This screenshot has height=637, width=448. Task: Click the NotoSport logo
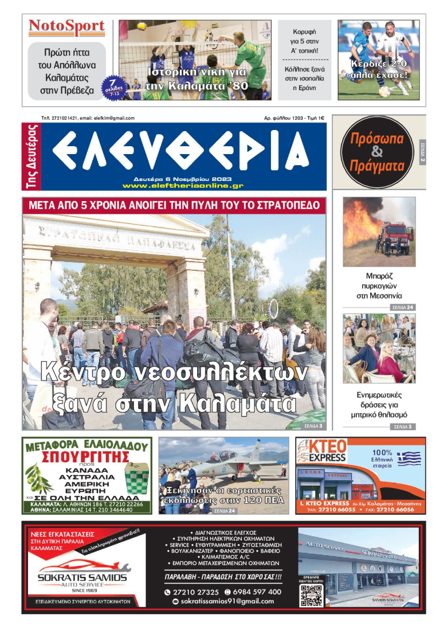coord(67,26)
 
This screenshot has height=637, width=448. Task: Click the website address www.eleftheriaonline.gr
coord(183,185)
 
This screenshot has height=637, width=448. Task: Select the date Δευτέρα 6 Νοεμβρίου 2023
coord(183,179)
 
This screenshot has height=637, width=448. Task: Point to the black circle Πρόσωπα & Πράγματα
coord(377,152)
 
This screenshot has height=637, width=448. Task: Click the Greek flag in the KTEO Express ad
coord(409,459)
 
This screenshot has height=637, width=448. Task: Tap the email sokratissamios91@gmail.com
coord(223,601)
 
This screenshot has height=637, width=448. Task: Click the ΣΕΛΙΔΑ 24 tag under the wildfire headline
coord(403,308)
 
